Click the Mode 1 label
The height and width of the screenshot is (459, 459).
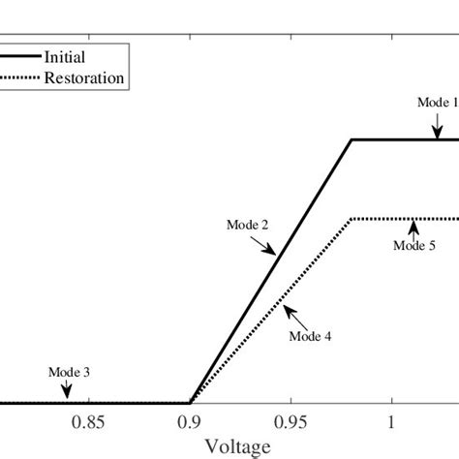pos(433,101)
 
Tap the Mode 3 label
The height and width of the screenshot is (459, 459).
pos(67,371)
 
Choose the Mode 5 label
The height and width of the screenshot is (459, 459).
pos(413,245)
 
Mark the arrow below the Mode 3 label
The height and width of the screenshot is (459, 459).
pos(67,389)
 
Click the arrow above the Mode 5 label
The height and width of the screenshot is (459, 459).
pos(413,229)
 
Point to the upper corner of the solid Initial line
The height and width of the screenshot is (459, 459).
pos(351,140)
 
